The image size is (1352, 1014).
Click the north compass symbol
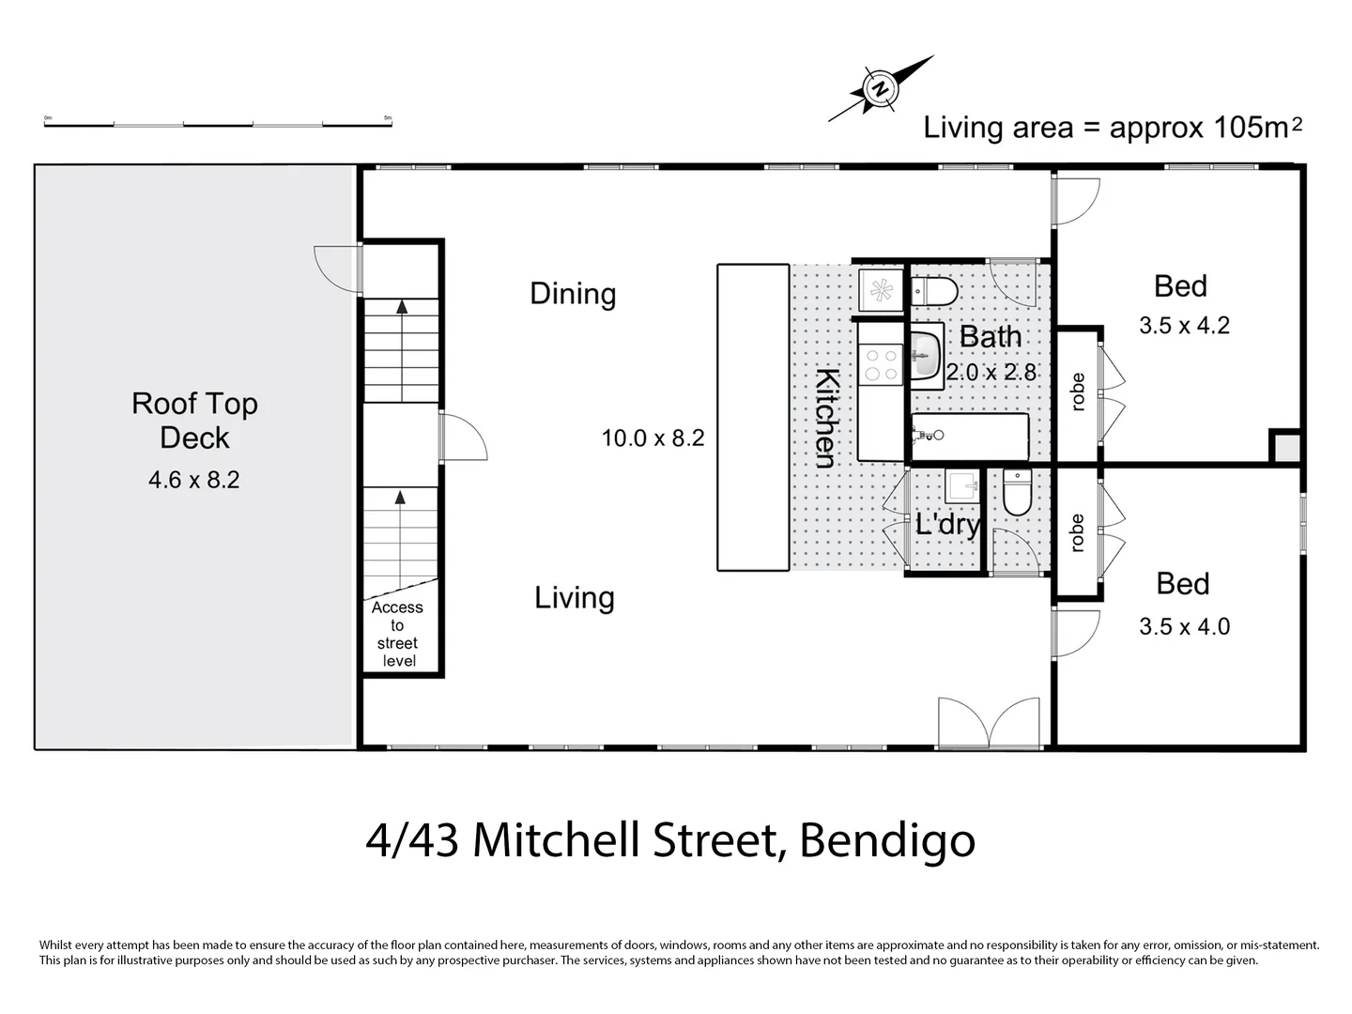tap(880, 89)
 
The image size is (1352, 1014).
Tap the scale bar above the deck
tap(217, 123)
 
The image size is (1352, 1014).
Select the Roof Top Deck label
tap(194, 420)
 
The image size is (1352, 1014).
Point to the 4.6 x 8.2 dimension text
tap(194, 480)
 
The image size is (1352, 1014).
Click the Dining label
tap(573, 294)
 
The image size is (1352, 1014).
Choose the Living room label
tap(574, 598)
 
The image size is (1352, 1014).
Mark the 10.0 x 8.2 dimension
tap(653, 438)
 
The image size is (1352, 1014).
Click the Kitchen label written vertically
tap(825, 419)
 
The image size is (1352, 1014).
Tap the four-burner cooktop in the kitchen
tap(881, 364)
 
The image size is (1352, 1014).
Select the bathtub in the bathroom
tap(970, 437)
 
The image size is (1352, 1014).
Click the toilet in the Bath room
tap(934, 291)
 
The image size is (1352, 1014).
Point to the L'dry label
tap(947, 524)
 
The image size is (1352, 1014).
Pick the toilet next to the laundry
tap(1017, 492)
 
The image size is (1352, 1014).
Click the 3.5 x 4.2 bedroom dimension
tap(1184, 326)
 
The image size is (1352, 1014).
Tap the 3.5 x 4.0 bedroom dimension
tap(1184, 626)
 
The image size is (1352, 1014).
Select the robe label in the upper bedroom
tap(1078, 392)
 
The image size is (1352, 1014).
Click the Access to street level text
tap(398, 634)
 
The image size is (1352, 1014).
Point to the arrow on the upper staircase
tap(402, 306)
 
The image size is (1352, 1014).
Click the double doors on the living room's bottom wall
tap(990, 723)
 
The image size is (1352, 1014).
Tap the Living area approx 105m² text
tap(1112, 128)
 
